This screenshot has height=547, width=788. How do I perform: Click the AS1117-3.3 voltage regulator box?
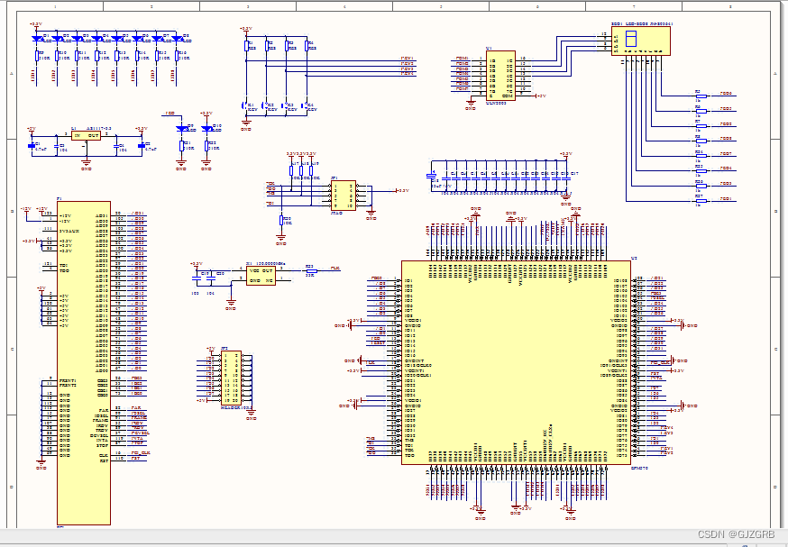coord(87,135)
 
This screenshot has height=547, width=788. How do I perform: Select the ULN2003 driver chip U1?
coord(500,75)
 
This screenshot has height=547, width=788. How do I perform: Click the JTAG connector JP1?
coord(344,194)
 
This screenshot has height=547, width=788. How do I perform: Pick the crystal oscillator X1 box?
coord(261,275)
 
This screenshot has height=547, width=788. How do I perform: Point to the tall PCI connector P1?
coord(84,360)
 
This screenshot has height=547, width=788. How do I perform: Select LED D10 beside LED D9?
coord(207,129)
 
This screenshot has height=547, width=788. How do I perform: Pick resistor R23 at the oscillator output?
coord(309,269)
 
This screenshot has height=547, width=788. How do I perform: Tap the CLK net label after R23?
coord(335,269)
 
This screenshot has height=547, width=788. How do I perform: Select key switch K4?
coord(308,106)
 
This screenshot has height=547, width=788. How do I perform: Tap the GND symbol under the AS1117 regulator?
coord(87,166)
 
